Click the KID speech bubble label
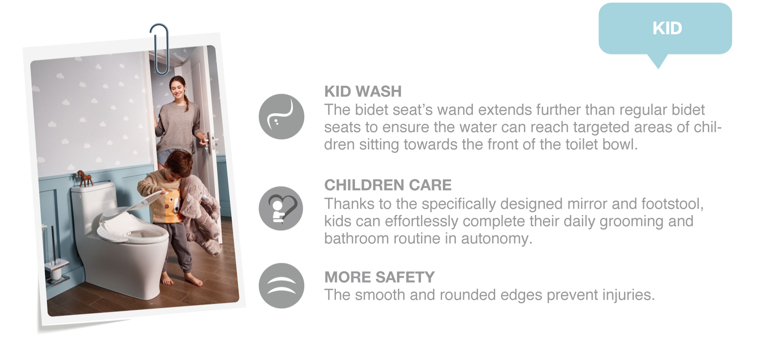[x=667, y=28]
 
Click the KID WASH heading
[x=363, y=92]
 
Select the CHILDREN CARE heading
[x=388, y=185]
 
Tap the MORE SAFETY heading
[x=379, y=277]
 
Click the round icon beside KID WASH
[x=281, y=117]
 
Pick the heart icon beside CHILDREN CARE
[x=281, y=209]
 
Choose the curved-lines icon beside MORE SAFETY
[x=281, y=285]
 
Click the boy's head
[x=178, y=165]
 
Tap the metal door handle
[x=209, y=143]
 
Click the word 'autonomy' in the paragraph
[x=496, y=239]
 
